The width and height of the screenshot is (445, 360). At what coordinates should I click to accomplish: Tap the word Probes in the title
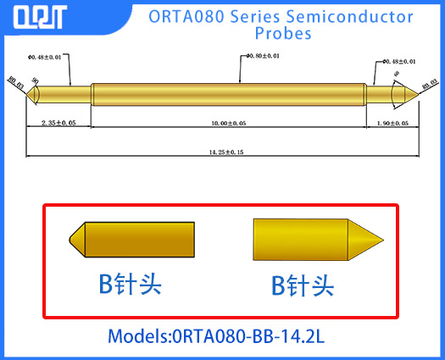pyautogui.click(x=283, y=34)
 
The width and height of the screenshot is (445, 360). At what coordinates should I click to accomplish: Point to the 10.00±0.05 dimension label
pyautogui.click(x=226, y=124)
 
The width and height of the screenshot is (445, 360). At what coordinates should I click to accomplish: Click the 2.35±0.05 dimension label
pyautogui.click(x=58, y=124)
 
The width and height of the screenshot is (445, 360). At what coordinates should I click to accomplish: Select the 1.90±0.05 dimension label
pyautogui.click(x=392, y=124)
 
